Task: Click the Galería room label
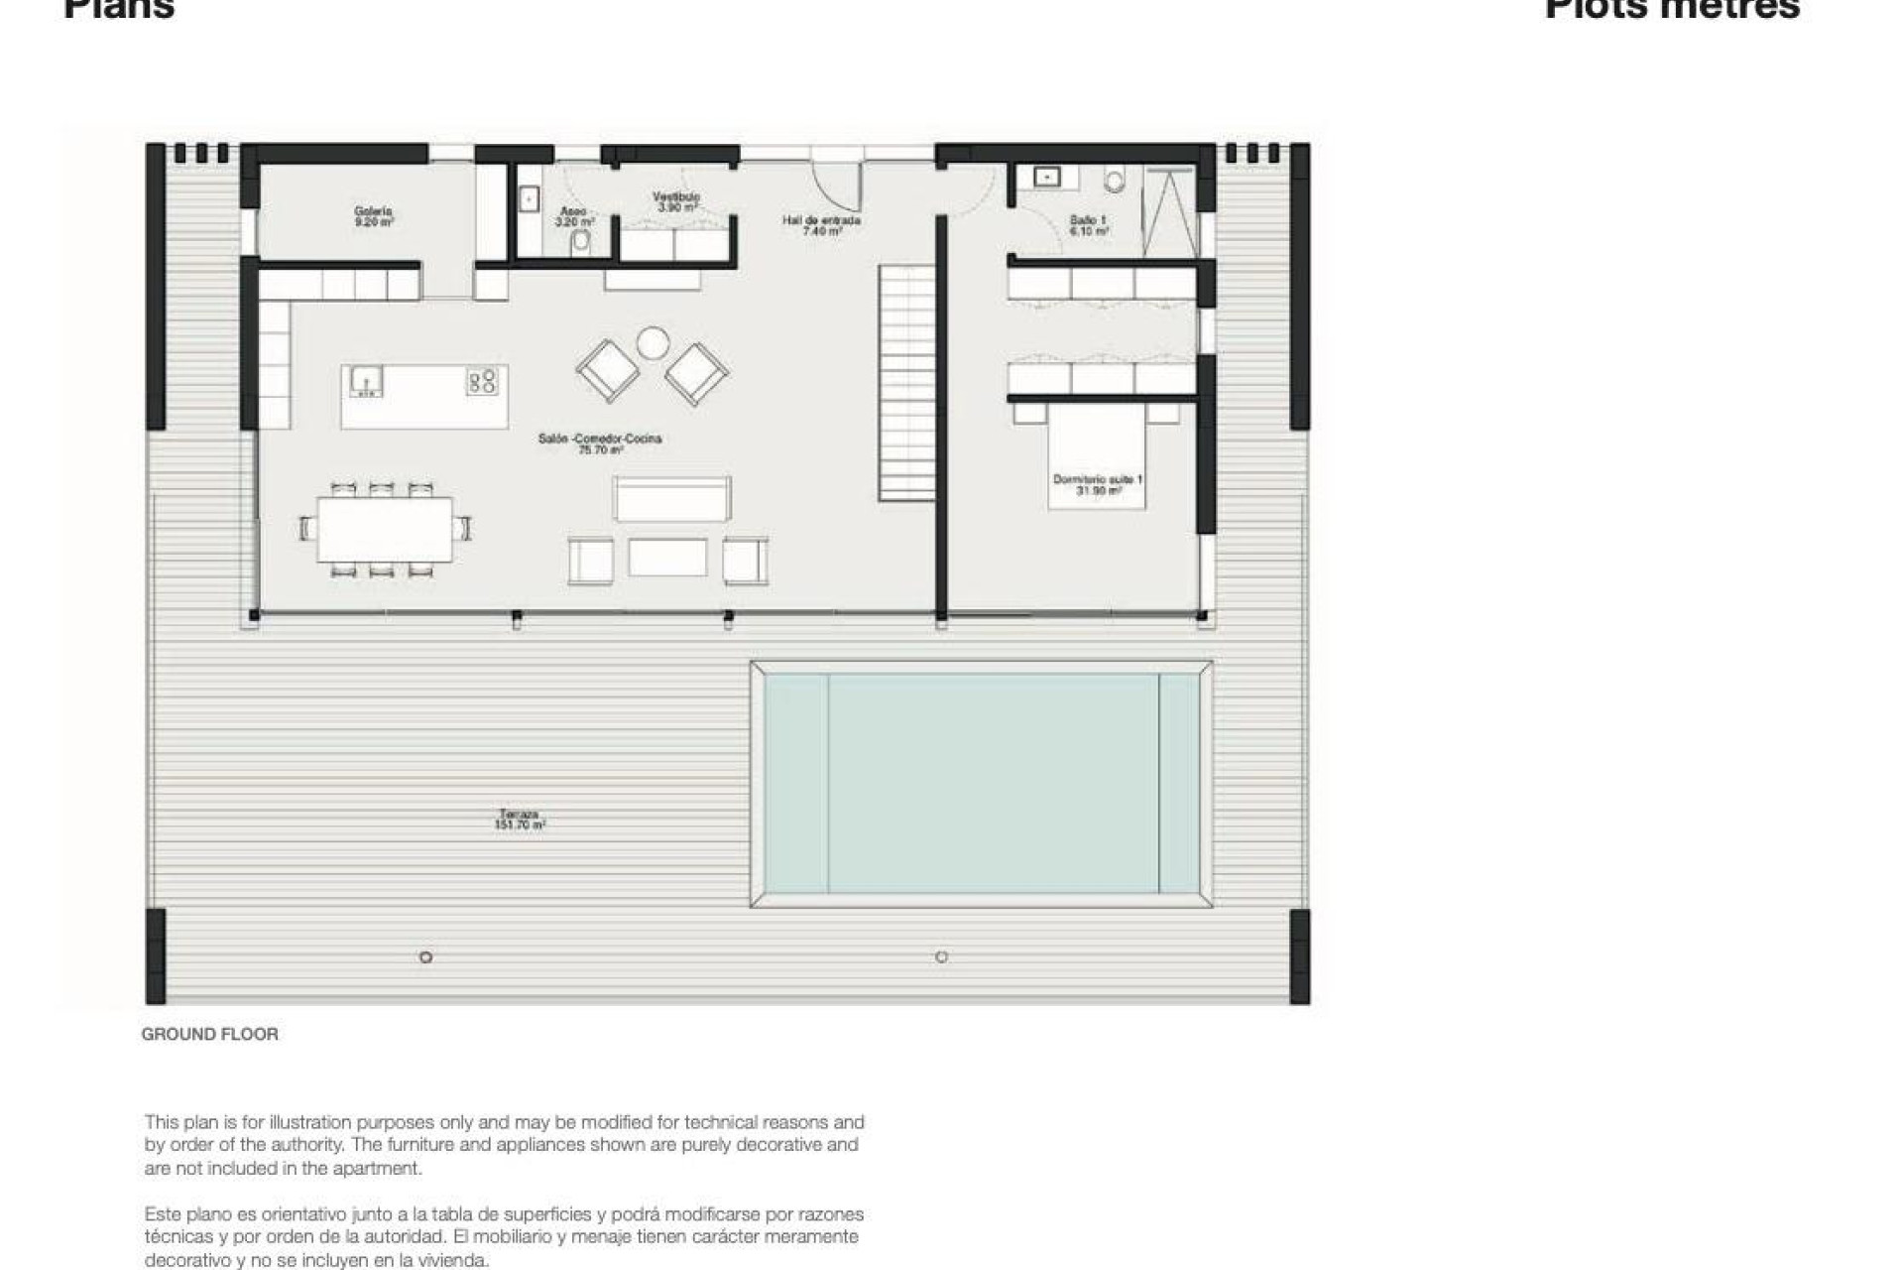pyautogui.click(x=374, y=216)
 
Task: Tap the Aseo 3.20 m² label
pyautogui.click(x=573, y=216)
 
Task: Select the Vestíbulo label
pyautogui.click(x=676, y=201)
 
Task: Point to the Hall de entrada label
pyautogui.click(x=821, y=225)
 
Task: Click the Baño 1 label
pyautogui.click(x=1088, y=224)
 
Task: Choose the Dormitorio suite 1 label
pyautogui.click(x=1097, y=484)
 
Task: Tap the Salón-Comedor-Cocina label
pyautogui.click(x=600, y=444)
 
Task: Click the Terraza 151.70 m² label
pyautogui.click(x=520, y=820)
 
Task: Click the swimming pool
pyautogui.click(x=982, y=783)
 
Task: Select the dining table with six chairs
pyautogui.click(x=385, y=529)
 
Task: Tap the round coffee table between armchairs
pyautogui.click(x=654, y=342)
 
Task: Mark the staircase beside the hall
pyautogui.click(x=906, y=382)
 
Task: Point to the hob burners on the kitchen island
pyautogui.click(x=483, y=381)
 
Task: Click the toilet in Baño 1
pyautogui.click(x=1116, y=181)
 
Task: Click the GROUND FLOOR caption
pyautogui.click(x=209, y=1034)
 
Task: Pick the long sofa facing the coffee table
pyautogui.click(x=671, y=498)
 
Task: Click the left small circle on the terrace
pyautogui.click(x=425, y=957)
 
